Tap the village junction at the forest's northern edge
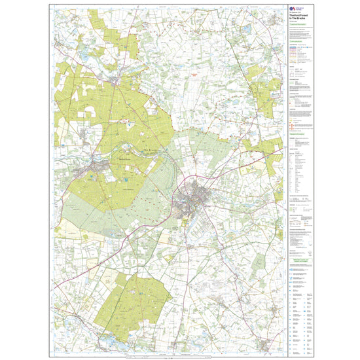click(115, 81)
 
